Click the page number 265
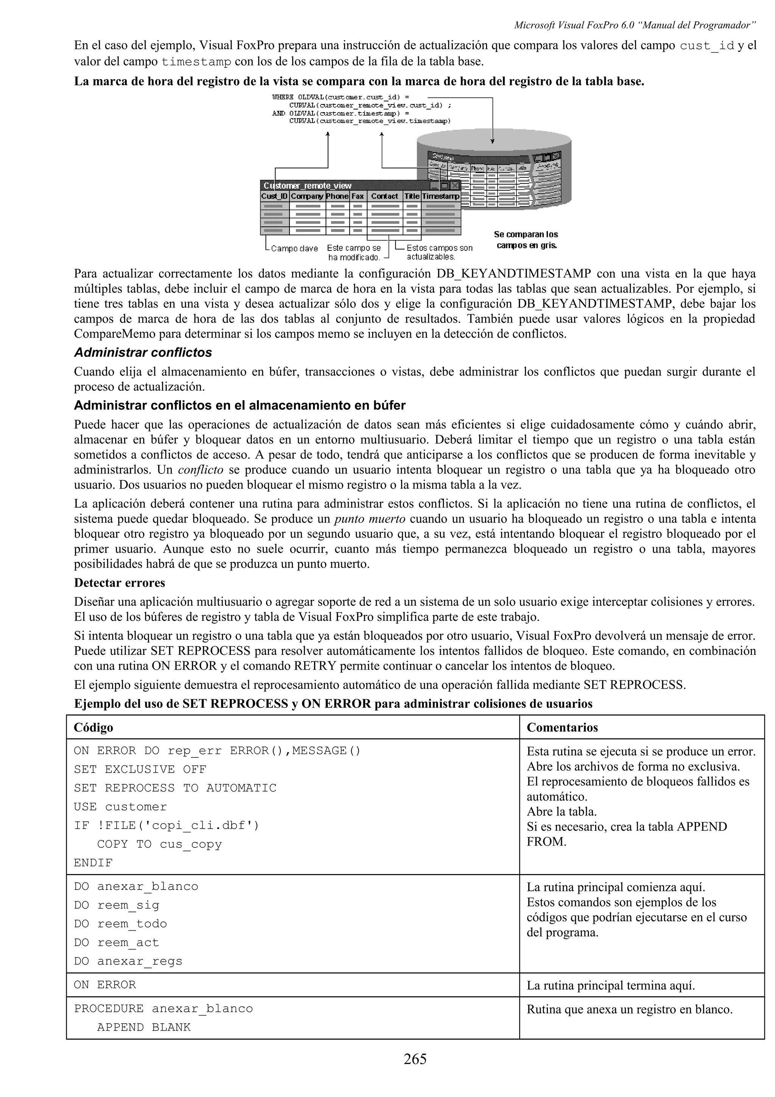[x=414, y=1059]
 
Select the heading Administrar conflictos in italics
[x=143, y=353]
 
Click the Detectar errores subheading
[x=119, y=583]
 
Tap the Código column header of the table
[x=93, y=727]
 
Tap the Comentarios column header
[x=562, y=727]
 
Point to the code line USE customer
[x=120, y=807]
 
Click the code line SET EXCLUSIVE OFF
[x=140, y=769]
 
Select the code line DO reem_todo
[x=120, y=924]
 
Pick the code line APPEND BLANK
[x=144, y=1027]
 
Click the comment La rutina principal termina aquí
[x=611, y=986]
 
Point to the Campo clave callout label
[x=294, y=248]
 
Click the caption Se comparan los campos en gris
[x=526, y=240]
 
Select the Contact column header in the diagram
[x=384, y=196]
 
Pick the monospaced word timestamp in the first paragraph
[x=197, y=62]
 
